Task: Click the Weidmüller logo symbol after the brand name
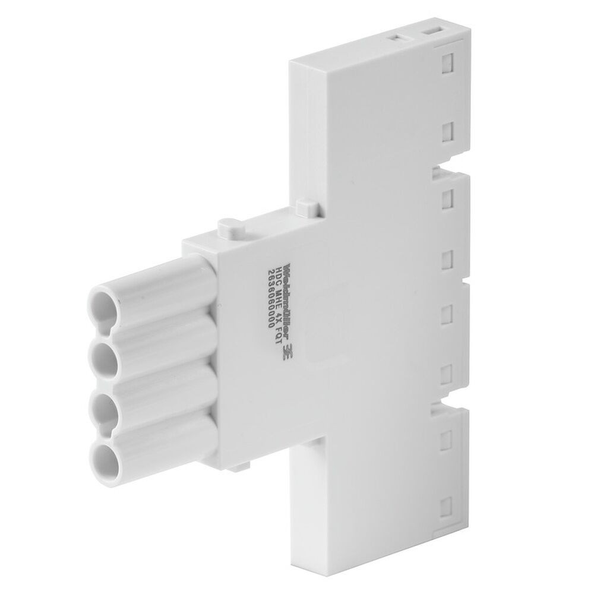click(291, 351)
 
